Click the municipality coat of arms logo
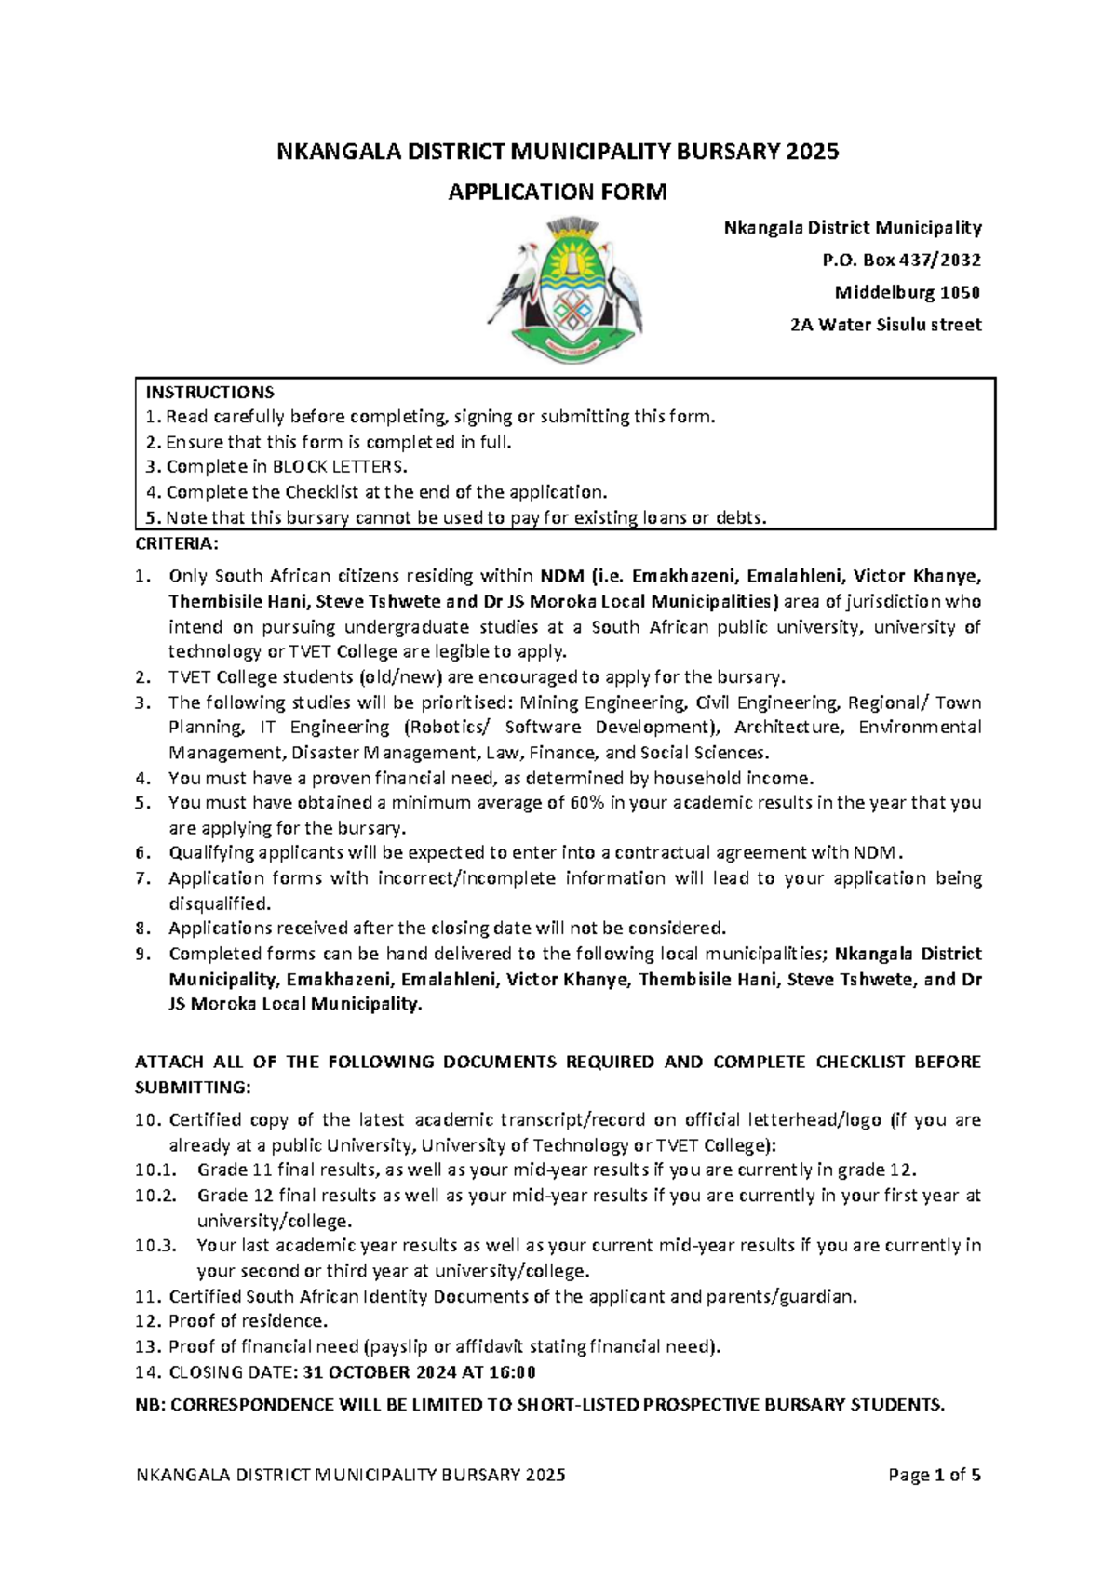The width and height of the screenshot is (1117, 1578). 565,288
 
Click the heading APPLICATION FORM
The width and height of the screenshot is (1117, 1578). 558,193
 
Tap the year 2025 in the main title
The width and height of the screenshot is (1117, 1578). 812,152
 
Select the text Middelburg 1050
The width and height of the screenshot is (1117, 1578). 907,293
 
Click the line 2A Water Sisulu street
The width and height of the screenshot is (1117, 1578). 885,326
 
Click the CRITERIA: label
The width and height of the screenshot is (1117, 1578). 177,543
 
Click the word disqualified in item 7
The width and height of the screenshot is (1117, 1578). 219,903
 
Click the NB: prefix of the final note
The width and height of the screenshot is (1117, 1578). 150,1405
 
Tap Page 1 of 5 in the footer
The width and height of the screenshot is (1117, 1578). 935,1475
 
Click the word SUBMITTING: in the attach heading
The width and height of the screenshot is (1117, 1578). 193,1088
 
